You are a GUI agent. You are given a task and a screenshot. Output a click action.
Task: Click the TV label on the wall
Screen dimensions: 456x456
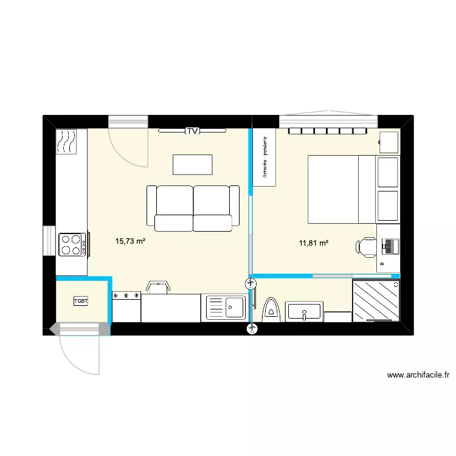point(193,131)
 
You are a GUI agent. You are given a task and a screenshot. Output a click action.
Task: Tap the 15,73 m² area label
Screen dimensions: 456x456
point(130,241)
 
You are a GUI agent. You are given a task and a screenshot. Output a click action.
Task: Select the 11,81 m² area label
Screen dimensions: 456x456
point(314,244)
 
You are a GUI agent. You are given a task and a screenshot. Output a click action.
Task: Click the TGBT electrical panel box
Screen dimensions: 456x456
point(81,301)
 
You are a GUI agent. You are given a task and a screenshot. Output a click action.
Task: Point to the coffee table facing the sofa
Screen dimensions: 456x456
point(193,165)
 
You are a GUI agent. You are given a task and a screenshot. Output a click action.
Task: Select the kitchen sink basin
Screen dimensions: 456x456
point(226,307)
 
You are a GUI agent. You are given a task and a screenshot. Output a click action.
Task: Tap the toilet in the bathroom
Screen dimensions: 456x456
point(271,309)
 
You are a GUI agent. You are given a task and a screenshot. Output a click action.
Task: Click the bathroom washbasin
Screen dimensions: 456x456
point(305,313)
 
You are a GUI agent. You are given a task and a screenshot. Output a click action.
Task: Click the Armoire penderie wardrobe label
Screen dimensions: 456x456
point(264,157)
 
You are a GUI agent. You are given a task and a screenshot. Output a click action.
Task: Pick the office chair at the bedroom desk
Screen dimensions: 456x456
point(367,246)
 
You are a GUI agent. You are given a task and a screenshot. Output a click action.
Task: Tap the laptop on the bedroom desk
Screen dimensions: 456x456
point(389,246)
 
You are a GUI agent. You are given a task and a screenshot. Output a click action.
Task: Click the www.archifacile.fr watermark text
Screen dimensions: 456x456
point(421,376)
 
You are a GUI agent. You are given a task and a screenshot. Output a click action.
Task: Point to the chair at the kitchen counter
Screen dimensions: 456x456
point(157,287)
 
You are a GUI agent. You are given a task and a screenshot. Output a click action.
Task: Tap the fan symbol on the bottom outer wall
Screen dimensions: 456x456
point(252,329)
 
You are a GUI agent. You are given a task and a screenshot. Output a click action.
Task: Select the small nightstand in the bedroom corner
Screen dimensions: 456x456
point(389,142)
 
